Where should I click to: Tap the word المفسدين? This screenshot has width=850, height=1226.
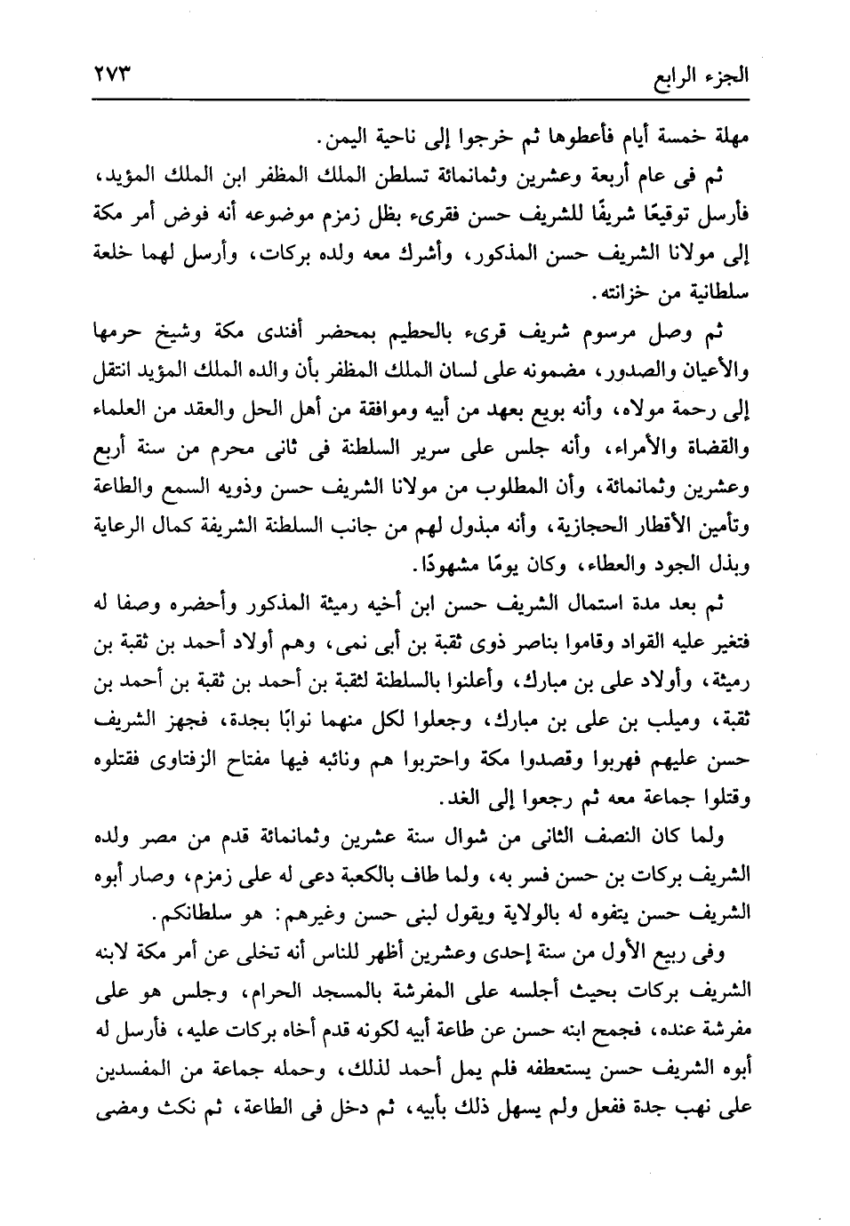point(130,1070)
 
